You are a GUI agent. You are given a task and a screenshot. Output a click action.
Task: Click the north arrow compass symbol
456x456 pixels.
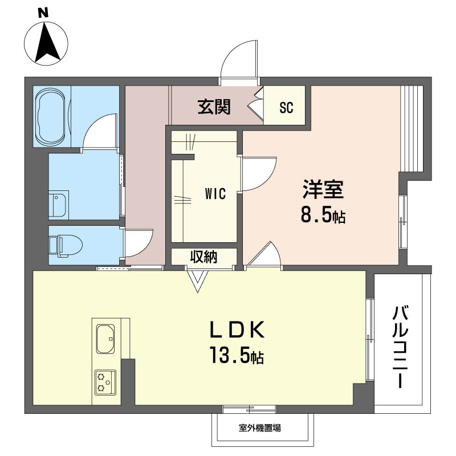tap(46, 43)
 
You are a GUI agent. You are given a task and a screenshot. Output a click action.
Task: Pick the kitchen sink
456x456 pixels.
tap(105, 340)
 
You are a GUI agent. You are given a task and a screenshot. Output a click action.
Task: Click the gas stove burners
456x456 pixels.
tap(105, 382)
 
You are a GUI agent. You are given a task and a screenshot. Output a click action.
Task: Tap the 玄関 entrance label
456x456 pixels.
tap(214, 107)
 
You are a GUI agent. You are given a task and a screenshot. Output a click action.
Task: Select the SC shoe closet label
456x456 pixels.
tap(286, 108)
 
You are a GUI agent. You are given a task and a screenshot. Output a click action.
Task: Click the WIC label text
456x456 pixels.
tap(216, 194)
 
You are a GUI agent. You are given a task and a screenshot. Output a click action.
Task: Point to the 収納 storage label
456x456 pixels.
tap(203, 257)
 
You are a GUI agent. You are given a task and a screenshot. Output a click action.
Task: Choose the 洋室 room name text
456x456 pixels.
tap(323, 189)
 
